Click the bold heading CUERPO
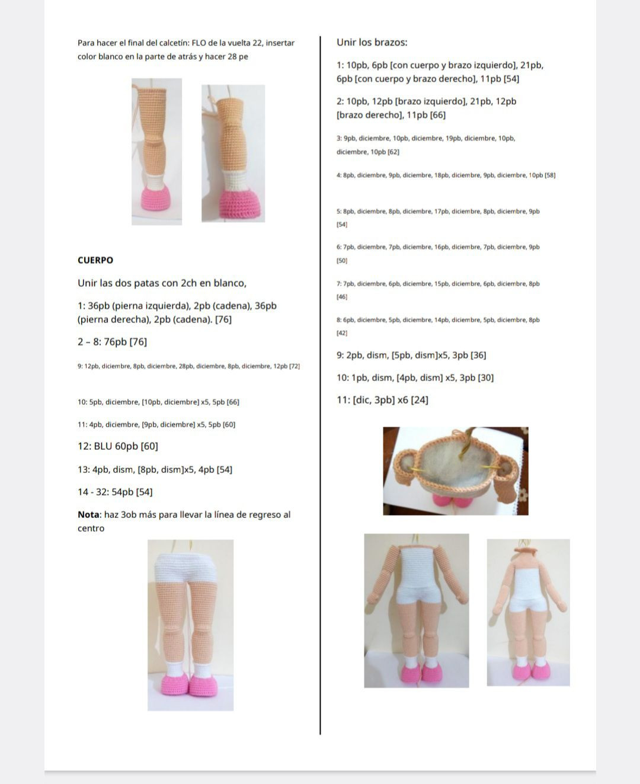click(x=95, y=260)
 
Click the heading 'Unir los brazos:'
click(x=372, y=43)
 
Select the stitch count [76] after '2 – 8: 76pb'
click(x=138, y=342)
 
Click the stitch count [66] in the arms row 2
click(x=437, y=115)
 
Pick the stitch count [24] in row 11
click(x=420, y=400)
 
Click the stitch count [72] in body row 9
click(x=295, y=366)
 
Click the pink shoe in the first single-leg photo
click(x=157, y=198)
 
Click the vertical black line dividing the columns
click(x=320, y=386)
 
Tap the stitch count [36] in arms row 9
click(x=478, y=356)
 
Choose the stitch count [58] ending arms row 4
click(x=550, y=175)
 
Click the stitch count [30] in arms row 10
click(x=486, y=377)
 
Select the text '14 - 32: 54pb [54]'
click(x=115, y=492)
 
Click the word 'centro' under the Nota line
click(x=91, y=529)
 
